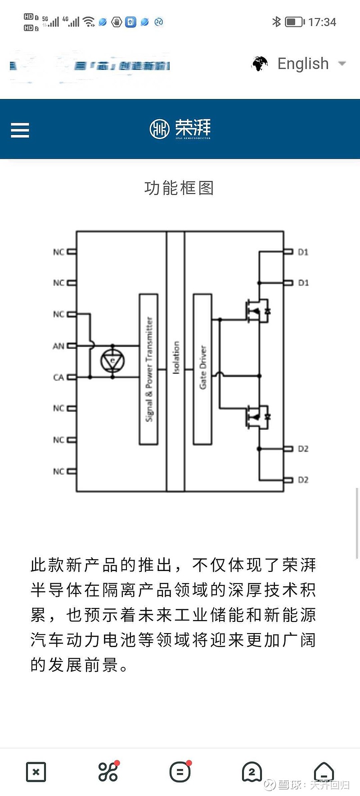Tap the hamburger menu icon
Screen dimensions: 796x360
click(x=20, y=130)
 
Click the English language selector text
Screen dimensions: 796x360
click(x=303, y=64)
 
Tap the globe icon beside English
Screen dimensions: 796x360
click(x=260, y=64)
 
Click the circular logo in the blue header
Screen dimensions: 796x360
click(x=159, y=129)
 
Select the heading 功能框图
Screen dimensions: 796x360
click(x=179, y=188)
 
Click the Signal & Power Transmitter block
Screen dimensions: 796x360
click(x=148, y=369)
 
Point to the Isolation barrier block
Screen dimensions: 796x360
click(x=175, y=360)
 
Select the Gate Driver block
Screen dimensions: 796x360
click(x=202, y=369)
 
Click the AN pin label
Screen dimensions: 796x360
click(x=58, y=346)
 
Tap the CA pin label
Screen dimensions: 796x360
click(x=58, y=377)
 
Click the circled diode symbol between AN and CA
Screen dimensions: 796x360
click(x=112, y=361)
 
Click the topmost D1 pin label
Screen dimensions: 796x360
click(x=303, y=252)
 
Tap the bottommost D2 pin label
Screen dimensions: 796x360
click(x=303, y=480)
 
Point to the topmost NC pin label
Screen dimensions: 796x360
click(x=58, y=252)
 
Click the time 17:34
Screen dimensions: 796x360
click(x=322, y=22)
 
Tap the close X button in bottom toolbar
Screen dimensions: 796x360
click(x=36, y=772)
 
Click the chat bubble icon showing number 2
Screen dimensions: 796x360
click(x=252, y=772)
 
